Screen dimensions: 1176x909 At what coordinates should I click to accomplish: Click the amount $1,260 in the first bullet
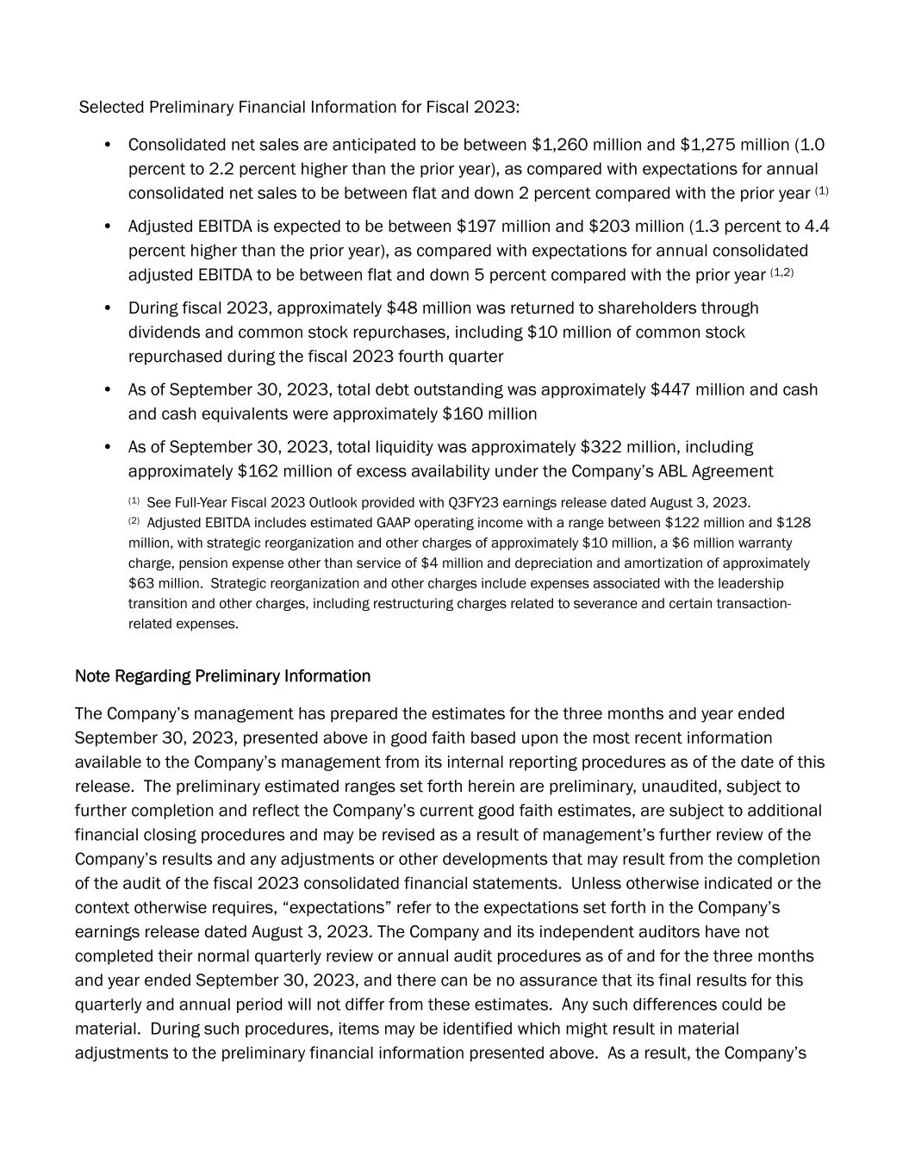pyautogui.click(x=557, y=145)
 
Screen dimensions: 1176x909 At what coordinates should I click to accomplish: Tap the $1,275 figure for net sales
pyautogui.click(x=706, y=145)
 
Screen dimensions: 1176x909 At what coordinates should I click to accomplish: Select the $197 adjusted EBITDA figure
pyautogui.click(x=474, y=227)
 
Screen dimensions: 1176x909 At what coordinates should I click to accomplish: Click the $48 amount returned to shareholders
pyautogui.click(x=401, y=308)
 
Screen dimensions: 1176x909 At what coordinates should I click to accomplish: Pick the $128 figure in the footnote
pyautogui.click(x=794, y=523)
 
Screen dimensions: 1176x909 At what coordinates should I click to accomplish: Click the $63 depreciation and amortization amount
pyautogui.click(x=143, y=583)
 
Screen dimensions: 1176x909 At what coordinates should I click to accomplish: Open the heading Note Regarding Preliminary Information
pyautogui.click(x=222, y=676)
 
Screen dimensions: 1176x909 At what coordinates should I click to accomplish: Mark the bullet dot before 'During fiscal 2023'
pyautogui.click(x=108, y=308)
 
